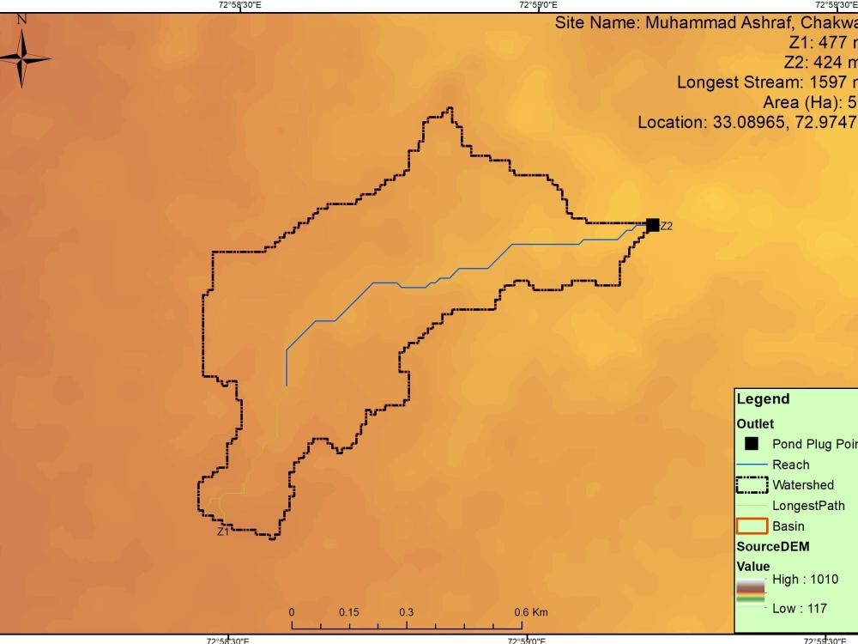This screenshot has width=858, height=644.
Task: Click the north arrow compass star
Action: [23, 58]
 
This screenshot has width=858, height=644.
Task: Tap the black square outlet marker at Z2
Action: [652, 225]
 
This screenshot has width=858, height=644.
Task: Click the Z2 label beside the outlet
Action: [667, 227]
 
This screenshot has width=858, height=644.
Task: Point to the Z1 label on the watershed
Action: [222, 532]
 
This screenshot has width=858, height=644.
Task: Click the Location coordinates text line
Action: [746, 122]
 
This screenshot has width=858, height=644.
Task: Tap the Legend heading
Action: [763, 399]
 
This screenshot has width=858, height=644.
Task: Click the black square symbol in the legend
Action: [752, 444]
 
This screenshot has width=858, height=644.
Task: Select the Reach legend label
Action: [790, 465]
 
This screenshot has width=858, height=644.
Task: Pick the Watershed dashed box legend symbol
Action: [752, 484]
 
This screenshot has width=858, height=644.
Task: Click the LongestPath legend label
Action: [808, 506]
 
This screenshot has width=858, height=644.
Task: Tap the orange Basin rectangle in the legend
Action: [752, 526]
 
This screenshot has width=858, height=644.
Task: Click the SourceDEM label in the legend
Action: [773, 546]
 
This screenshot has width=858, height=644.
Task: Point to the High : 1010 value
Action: [805, 580]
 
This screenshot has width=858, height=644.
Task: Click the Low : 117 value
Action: [800, 608]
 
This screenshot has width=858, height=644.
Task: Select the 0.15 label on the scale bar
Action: [348, 612]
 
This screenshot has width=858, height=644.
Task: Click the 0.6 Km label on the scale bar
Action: [531, 612]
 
